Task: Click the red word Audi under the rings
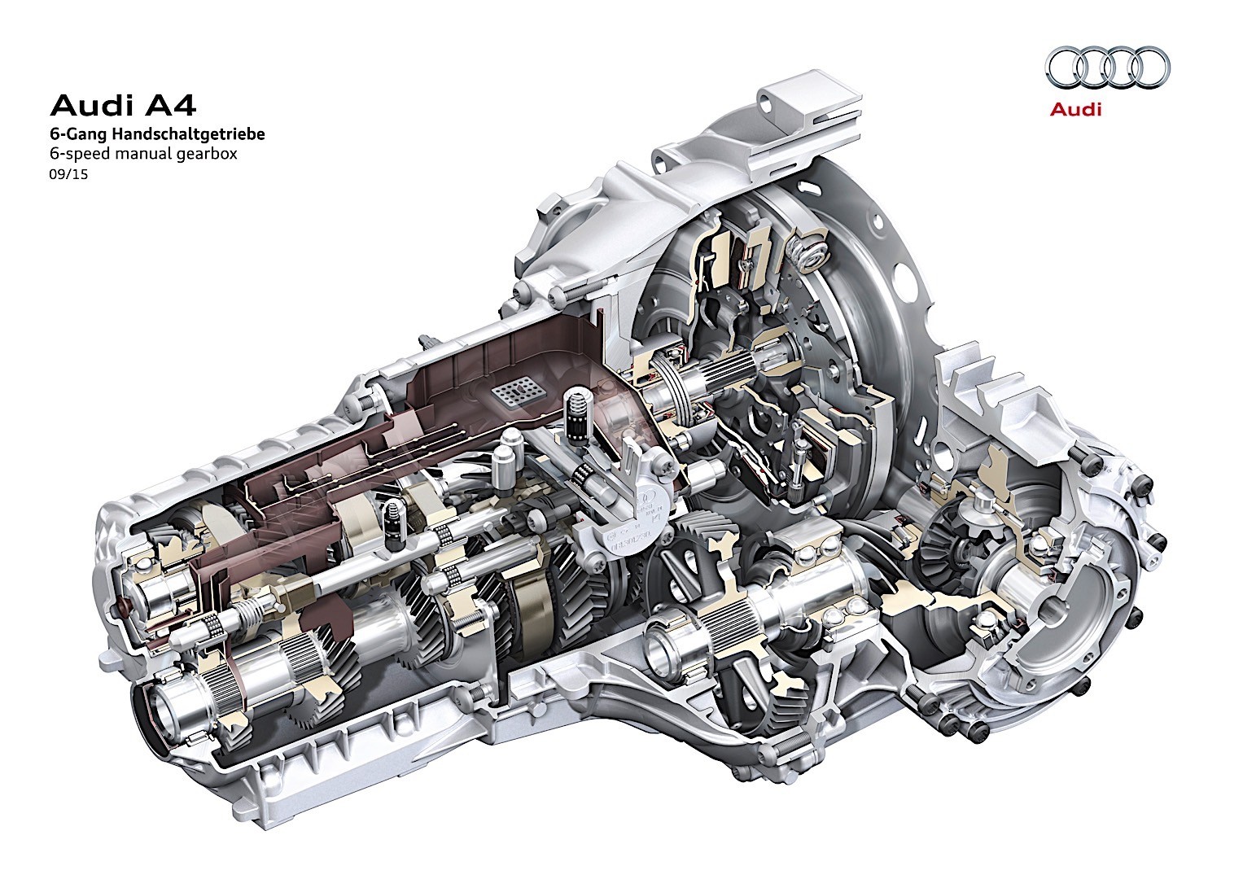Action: click(x=1075, y=109)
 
